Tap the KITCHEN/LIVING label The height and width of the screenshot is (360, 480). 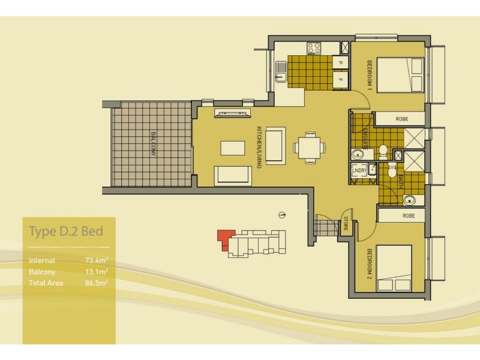point(259,146)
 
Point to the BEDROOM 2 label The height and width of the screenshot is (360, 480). point(370,264)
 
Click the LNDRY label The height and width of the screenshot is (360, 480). point(359,171)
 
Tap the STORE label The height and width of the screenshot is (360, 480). point(345,226)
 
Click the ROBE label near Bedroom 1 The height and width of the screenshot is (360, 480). point(401,119)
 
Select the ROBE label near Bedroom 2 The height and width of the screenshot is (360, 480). point(409,215)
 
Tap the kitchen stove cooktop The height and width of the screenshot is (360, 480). point(314,47)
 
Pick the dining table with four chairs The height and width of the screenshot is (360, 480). point(309,146)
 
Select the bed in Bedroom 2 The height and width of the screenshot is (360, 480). point(394,268)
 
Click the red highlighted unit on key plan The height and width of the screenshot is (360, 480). point(225,238)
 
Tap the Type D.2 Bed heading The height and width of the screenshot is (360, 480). point(66,231)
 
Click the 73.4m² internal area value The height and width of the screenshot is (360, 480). point(97,260)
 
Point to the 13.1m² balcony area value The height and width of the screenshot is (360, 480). point(97,271)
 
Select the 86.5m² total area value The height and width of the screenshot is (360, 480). point(97,281)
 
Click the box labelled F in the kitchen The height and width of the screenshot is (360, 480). point(340,79)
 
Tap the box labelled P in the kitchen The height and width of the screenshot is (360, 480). point(340,62)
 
